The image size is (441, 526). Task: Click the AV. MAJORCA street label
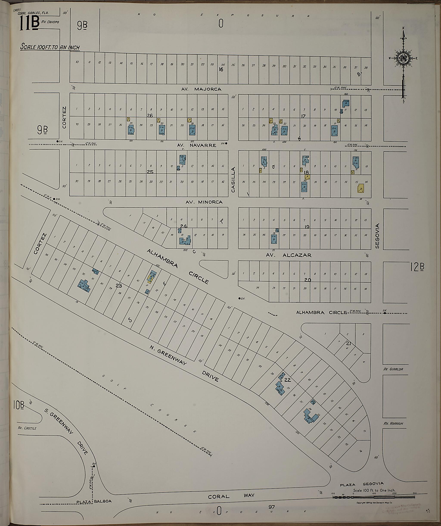(x=202, y=89)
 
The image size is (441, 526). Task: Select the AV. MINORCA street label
(x=204, y=202)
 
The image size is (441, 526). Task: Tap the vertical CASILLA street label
(x=233, y=180)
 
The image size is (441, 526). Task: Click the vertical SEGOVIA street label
(x=378, y=236)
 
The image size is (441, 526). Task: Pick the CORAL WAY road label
(x=231, y=495)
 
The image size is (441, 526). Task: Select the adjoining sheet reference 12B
(x=417, y=268)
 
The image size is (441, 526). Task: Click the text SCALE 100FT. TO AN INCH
(x=50, y=47)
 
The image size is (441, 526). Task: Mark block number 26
(x=150, y=116)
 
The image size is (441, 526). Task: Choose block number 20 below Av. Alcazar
(x=307, y=280)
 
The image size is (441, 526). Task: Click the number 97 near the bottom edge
(x=271, y=507)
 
